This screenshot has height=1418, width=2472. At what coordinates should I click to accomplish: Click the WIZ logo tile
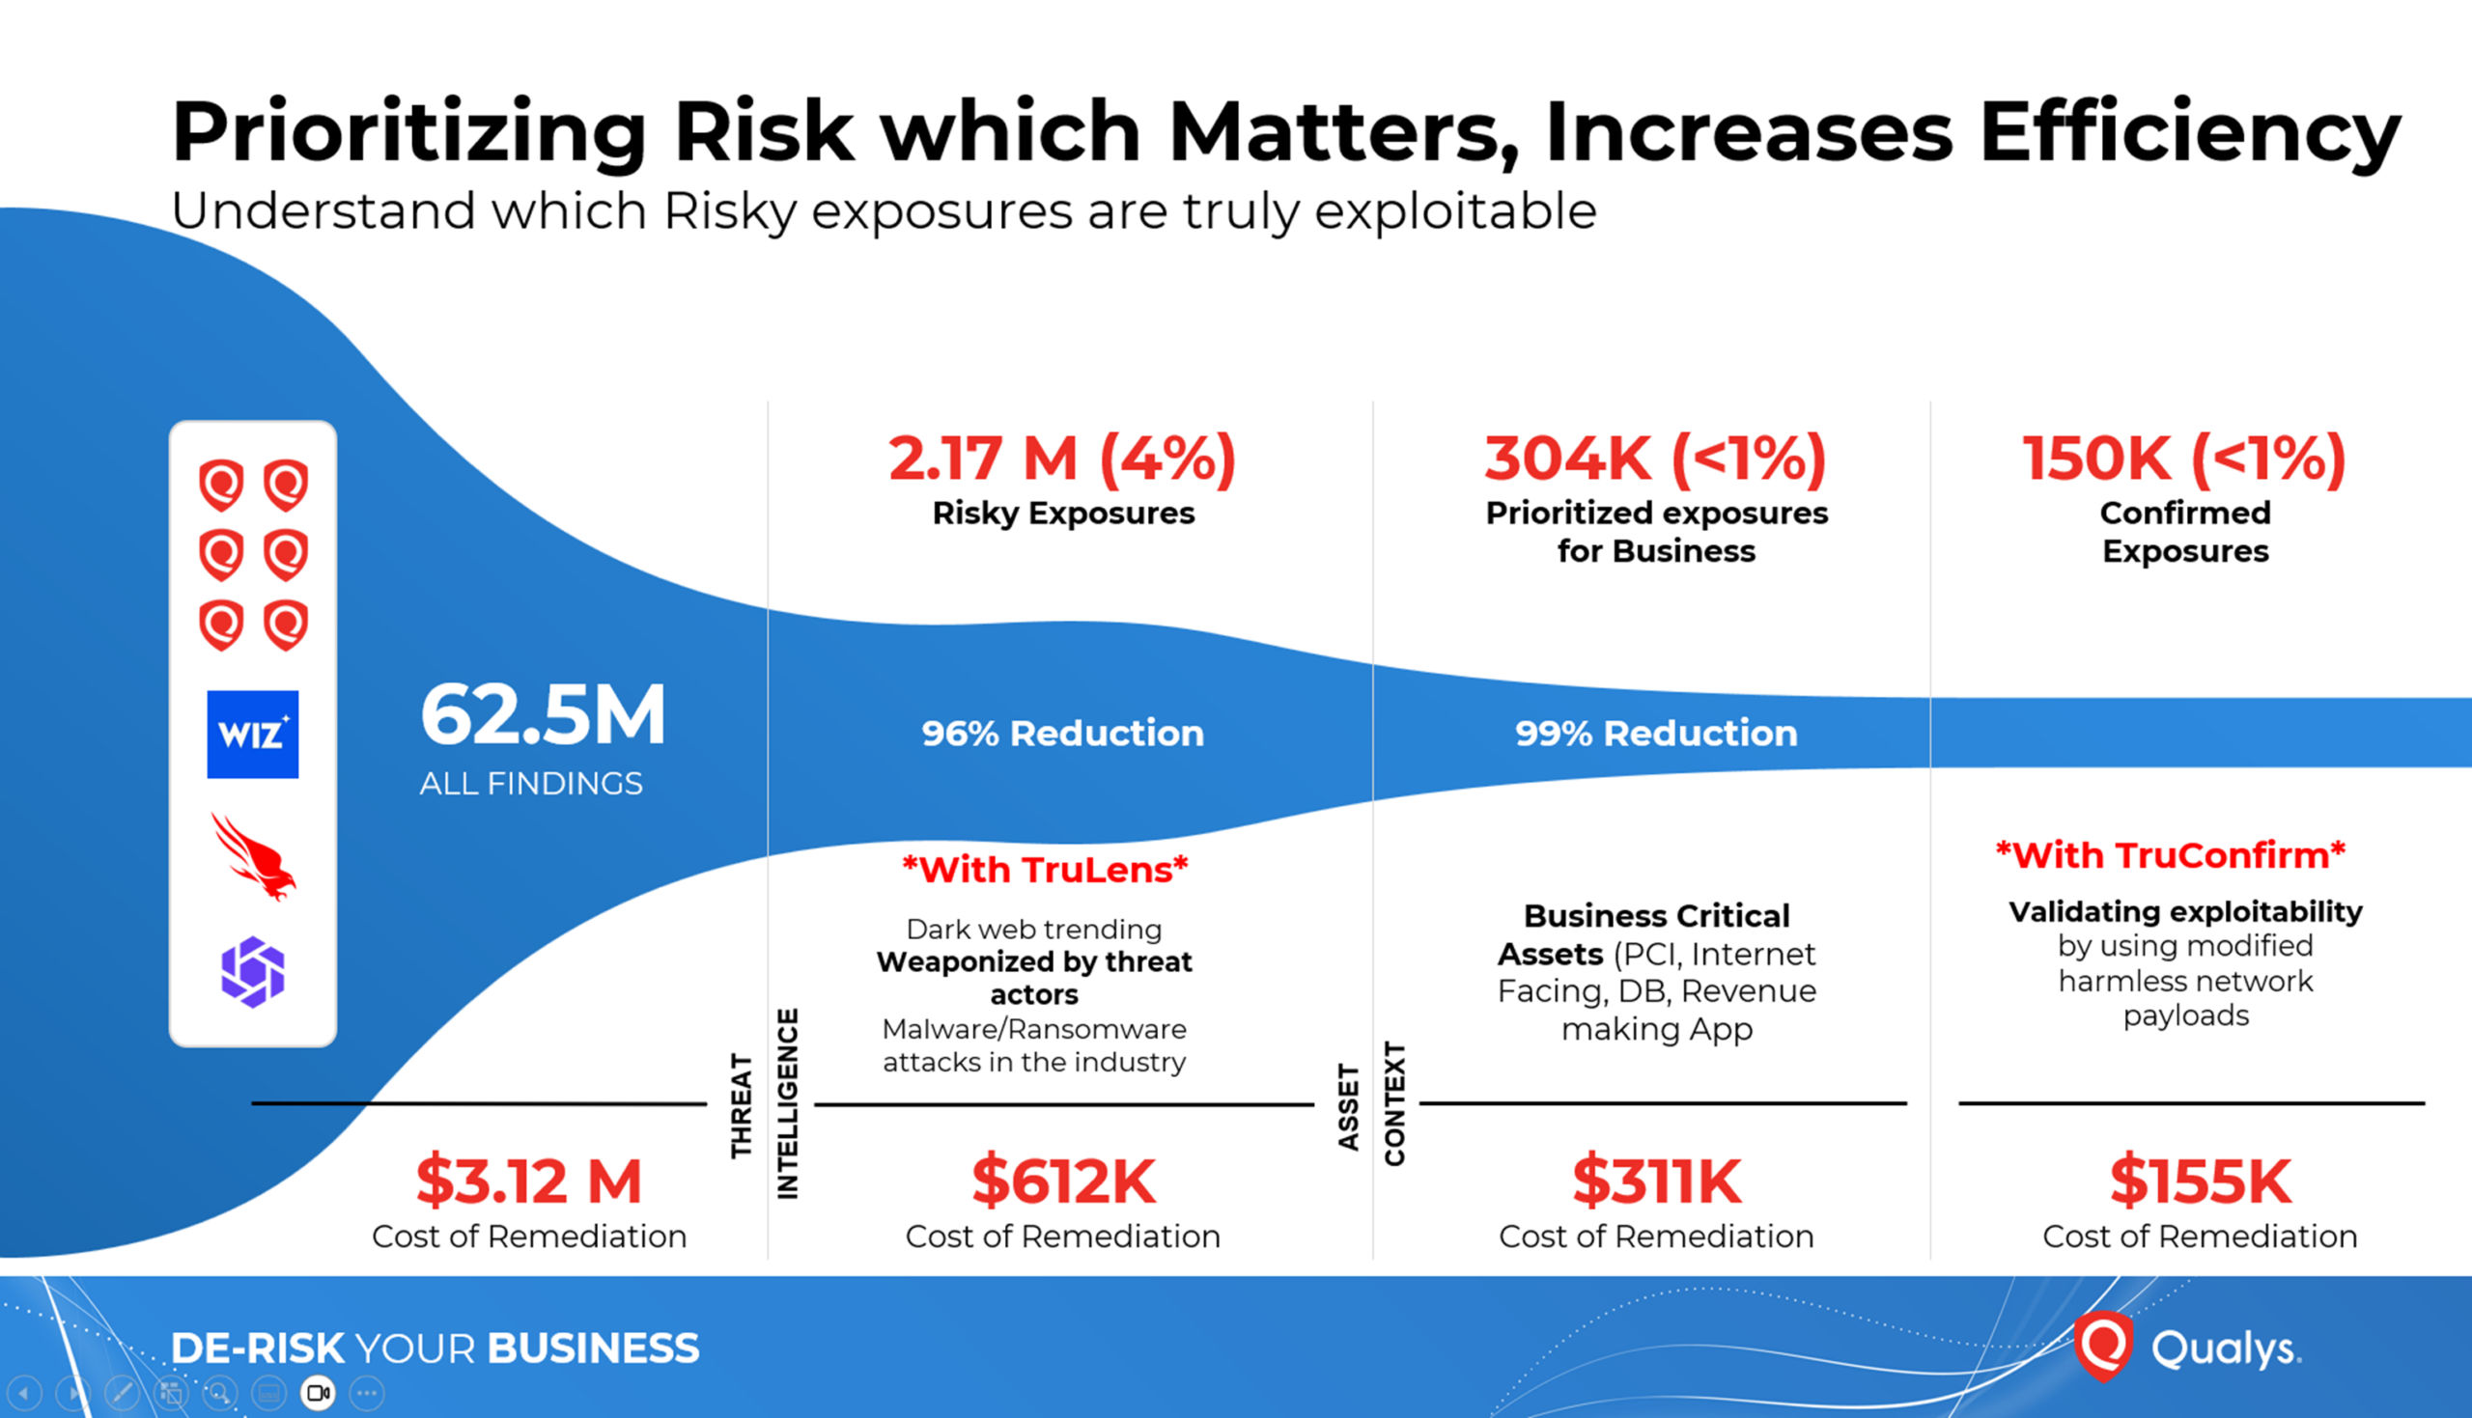(252, 735)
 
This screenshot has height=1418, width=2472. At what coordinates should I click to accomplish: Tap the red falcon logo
(253, 857)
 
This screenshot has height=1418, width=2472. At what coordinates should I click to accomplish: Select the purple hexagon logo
(252, 971)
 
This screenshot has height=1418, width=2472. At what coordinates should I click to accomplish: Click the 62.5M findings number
(543, 715)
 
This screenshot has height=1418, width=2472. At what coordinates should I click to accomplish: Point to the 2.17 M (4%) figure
(1061, 458)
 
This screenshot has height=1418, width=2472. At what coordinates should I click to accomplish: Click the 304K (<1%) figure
(1655, 458)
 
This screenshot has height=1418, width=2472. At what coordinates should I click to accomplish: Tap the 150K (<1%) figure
(2183, 458)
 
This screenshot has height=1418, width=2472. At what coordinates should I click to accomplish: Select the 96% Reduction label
(1061, 734)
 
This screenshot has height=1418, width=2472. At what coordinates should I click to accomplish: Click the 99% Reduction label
(1656, 734)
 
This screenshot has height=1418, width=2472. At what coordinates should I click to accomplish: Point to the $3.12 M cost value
(529, 1181)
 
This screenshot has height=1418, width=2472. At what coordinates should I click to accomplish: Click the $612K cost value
(1062, 1181)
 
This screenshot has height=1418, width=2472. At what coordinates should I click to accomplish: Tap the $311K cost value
(1656, 1181)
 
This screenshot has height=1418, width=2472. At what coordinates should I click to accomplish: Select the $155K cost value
(2200, 1181)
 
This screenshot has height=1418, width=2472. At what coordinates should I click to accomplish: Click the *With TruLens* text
(1045, 869)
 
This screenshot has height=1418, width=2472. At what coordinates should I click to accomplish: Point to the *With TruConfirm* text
(2170, 855)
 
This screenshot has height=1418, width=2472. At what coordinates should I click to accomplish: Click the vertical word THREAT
(743, 1105)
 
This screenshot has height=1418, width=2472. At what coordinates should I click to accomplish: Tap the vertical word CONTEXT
(1394, 1103)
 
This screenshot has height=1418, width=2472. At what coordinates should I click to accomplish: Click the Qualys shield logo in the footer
(2103, 1346)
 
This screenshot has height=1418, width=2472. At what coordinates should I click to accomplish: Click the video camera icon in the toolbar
(318, 1393)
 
